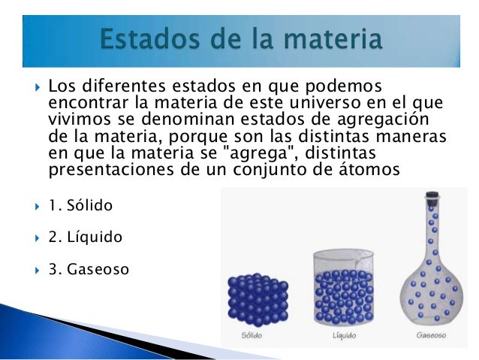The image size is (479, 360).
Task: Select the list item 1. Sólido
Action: tap(82, 205)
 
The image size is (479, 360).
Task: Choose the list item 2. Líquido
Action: tap(85, 237)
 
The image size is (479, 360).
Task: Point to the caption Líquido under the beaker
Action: tap(344, 335)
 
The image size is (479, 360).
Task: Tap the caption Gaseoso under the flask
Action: tap(432, 335)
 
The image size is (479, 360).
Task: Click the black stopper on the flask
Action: tap(432, 201)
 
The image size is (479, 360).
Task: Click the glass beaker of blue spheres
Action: tap(345, 292)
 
